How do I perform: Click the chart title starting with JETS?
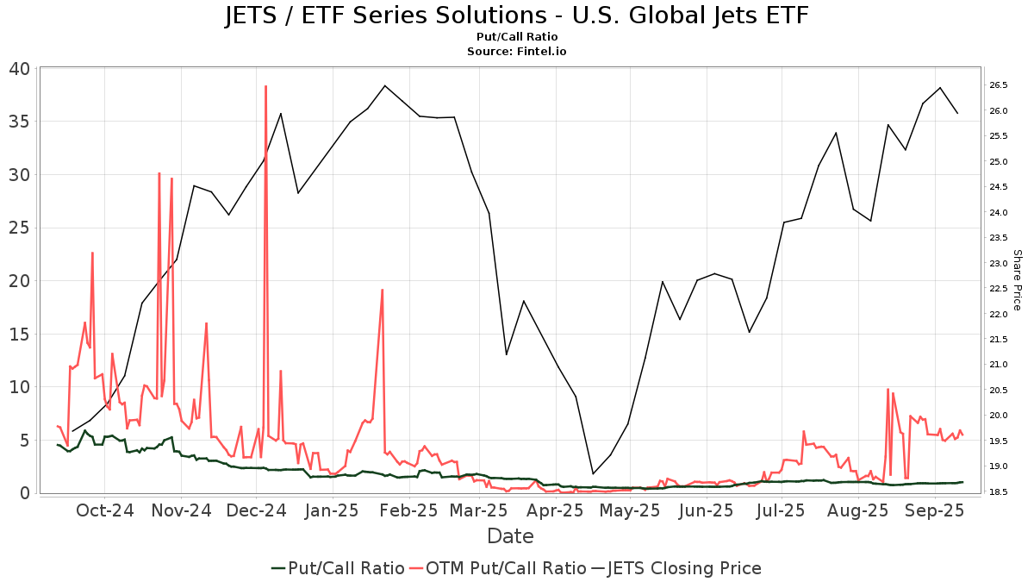point(516,16)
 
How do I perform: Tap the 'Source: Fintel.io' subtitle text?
point(516,51)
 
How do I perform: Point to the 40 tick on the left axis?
point(19,69)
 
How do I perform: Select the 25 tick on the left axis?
point(19,228)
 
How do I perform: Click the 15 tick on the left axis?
point(19,335)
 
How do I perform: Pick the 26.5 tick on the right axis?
point(998,85)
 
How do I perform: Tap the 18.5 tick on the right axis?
point(998,492)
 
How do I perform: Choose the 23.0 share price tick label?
point(998,263)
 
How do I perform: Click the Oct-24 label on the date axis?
point(105,510)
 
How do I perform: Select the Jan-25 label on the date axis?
point(333,510)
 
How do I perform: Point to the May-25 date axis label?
point(630,510)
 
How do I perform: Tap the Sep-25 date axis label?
point(935,510)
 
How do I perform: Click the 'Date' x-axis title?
point(510,536)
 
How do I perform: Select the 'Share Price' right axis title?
point(1017,280)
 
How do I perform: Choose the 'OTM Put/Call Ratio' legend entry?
point(498,568)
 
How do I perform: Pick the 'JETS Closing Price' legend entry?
point(676,568)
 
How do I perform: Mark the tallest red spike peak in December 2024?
point(265,86)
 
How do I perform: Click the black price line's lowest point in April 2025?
point(593,474)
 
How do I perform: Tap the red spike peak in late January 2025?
point(383,290)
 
